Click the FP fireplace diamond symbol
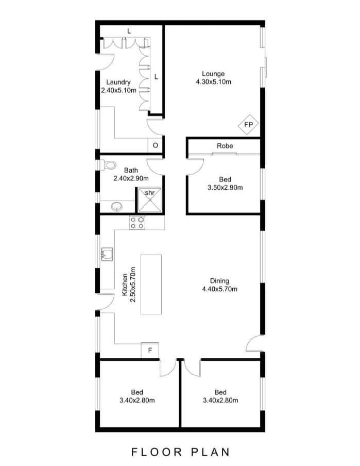click(x=248, y=125)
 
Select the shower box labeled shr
click(x=149, y=200)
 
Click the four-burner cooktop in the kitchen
click(x=138, y=223)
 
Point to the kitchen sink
click(x=107, y=254)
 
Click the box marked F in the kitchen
click(x=150, y=351)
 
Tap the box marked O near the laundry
click(x=155, y=146)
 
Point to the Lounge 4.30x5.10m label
click(x=213, y=78)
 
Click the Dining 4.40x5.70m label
click(x=219, y=285)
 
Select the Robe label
click(x=225, y=146)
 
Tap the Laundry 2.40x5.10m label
click(x=118, y=86)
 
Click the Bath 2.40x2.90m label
click(x=131, y=174)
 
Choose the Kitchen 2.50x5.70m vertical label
click(x=128, y=284)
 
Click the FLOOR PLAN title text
click(x=180, y=452)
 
